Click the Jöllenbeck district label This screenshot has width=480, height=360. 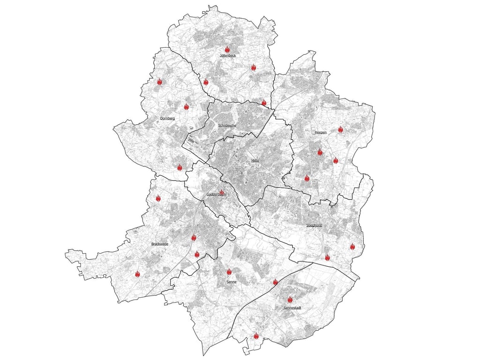tap(227, 55)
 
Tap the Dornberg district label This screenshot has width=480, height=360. tap(167, 119)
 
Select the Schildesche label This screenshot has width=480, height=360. tap(227, 126)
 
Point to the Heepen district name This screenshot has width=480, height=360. tap(320, 133)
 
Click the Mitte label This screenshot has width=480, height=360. tap(255, 161)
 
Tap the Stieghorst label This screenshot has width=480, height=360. tap(314, 225)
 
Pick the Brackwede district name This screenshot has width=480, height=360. tap(160, 244)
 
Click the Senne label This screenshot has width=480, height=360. tap(231, 282)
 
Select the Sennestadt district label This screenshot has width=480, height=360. tap(292, 308)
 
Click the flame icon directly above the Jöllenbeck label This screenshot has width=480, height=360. tap(227, 49)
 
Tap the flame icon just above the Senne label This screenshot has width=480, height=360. tap(229, 272)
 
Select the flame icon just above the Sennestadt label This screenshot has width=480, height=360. tap(290, 300)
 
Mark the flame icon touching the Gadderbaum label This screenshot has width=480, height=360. tap(222, 192)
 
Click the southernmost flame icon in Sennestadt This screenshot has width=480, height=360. tap(256, 336)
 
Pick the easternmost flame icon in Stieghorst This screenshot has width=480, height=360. tap(352, 247)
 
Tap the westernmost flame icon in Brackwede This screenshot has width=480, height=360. tap(137, 274)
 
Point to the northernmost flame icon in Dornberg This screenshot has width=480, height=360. tap(159, 82)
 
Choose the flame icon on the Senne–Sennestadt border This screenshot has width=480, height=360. tap(275, 282)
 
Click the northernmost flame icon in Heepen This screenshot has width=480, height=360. tap(341, 129)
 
